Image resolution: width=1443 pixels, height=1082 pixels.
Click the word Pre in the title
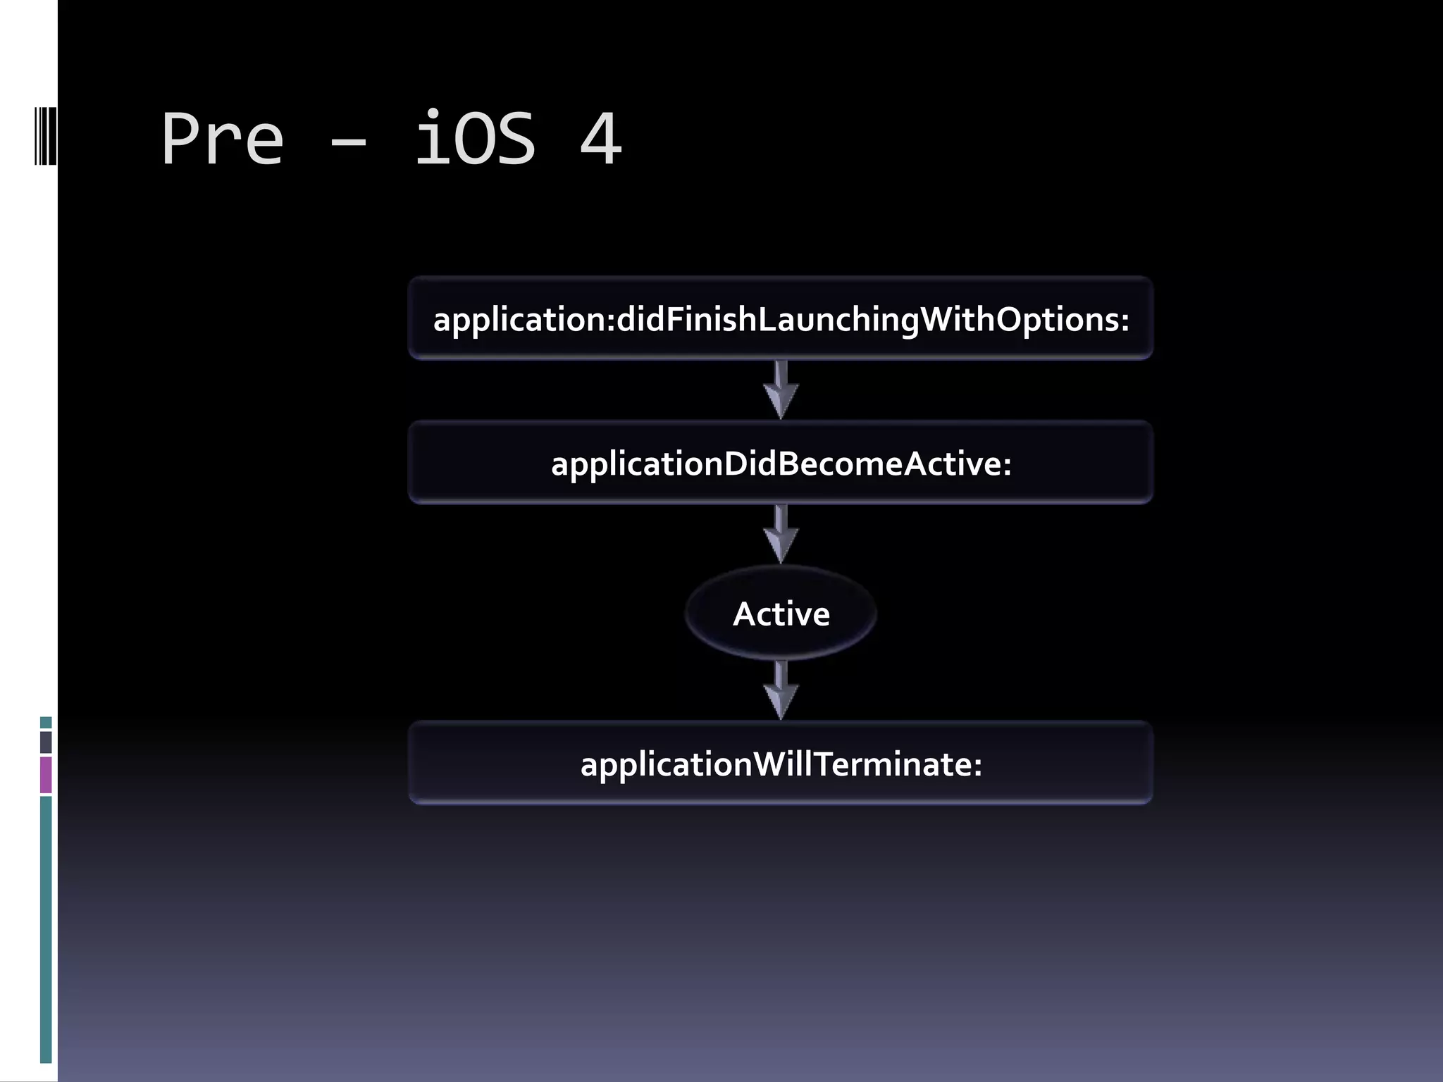coord(222,139)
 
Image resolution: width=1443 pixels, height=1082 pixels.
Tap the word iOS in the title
coord(475,139)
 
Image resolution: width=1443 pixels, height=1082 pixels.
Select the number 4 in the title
coord(600,139)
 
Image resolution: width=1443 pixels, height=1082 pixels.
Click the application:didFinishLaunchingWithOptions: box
coord(781,318)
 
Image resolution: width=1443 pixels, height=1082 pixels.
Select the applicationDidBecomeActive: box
coord(781,463)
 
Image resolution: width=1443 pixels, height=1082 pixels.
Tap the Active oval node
coord(781,614)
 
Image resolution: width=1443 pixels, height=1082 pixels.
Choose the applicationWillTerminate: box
coord(781,764)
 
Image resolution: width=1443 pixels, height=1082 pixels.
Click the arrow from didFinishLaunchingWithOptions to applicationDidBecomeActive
coord(781,390)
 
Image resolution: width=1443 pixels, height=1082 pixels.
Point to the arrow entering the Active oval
coord(781,535)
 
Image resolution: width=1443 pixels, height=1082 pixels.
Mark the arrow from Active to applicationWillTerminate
coord(781,690)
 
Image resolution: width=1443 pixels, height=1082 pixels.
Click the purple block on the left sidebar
coord(46,775)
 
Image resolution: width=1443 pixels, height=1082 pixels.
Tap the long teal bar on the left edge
coord(46,928)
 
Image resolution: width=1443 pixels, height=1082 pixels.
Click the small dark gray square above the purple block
coord(46,742)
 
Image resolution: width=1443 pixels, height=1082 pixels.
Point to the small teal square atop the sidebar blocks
coord(46,723)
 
